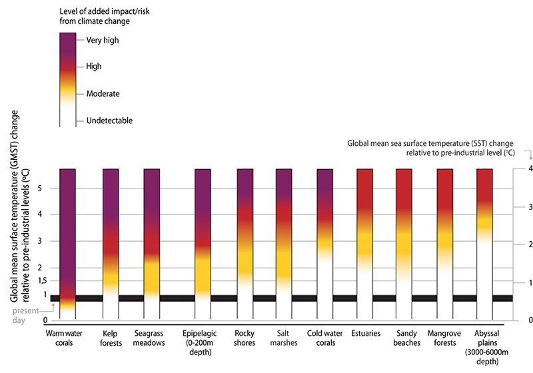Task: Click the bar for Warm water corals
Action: pyautogui.click(x=68, y=240)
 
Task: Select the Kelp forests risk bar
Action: pyautogui.click(x=111, y=240)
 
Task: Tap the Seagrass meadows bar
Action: pyautogui.click(x=152, y=240)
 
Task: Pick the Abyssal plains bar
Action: pyautogui.click(x=484, y=240)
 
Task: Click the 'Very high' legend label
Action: pyautogui.click(x=103, y=40)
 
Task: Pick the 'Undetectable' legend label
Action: pyautogui.click(x=109, y=121)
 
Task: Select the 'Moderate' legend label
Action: pyautogui.click(x=103, y=94)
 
